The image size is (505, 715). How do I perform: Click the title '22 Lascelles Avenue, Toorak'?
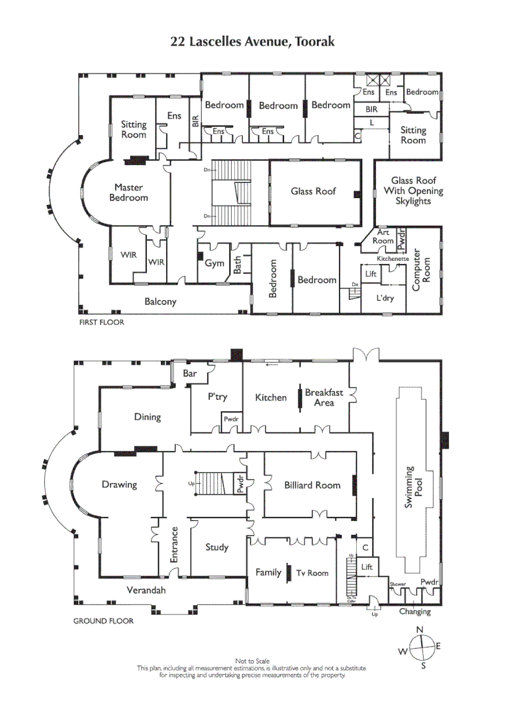pos(252,42)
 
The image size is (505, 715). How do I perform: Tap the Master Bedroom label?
pos(128,193)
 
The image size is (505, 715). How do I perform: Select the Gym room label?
pos(214,263)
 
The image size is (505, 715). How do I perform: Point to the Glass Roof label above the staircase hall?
pos(314,191)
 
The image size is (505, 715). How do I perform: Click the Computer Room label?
pos(422,269)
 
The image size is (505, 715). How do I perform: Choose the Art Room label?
pos(384,236)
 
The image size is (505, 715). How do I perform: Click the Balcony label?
pos(161,302)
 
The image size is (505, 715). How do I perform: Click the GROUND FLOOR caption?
pos(103,621)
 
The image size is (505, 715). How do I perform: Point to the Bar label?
pos(190,373)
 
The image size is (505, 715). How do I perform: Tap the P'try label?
pos(218,397)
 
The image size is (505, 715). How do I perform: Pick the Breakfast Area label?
pos(324,397)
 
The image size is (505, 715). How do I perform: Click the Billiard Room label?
pos(312,485)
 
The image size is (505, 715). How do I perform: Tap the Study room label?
pos(216,547)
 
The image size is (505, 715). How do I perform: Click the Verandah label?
pos(146,590)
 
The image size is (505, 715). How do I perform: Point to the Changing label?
pos(415,612)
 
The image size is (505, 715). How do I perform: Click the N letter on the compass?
pos(420,630)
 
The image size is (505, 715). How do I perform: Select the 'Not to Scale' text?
pos(252,661)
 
